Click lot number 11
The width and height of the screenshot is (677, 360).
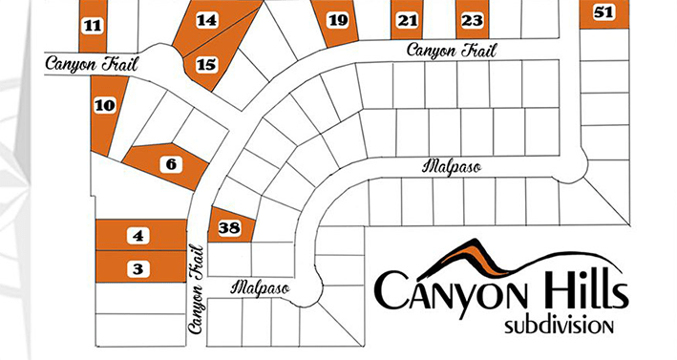click(x=92, y=26)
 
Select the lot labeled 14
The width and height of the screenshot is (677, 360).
click(x=206, y=20)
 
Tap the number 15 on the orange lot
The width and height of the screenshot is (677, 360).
click(x=206, y=65)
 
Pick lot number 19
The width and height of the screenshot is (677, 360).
click(x=336, y=20)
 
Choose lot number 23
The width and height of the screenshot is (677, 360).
click(x=471, y=20)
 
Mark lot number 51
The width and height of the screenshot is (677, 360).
click(x=603, y=12)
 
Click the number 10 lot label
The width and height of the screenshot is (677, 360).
click(x=105, y=105)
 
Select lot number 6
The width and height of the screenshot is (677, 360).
click(x=171, y=164)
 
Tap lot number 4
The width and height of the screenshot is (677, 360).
click(x=139, y=235)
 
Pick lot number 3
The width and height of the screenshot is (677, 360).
click(x=139, y=268)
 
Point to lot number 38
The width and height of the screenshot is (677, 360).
click(x=228, y=227)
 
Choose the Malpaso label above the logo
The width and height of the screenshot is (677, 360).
click(x=450, y=166)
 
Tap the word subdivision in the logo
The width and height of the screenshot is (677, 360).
click(x=559, y=326)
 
